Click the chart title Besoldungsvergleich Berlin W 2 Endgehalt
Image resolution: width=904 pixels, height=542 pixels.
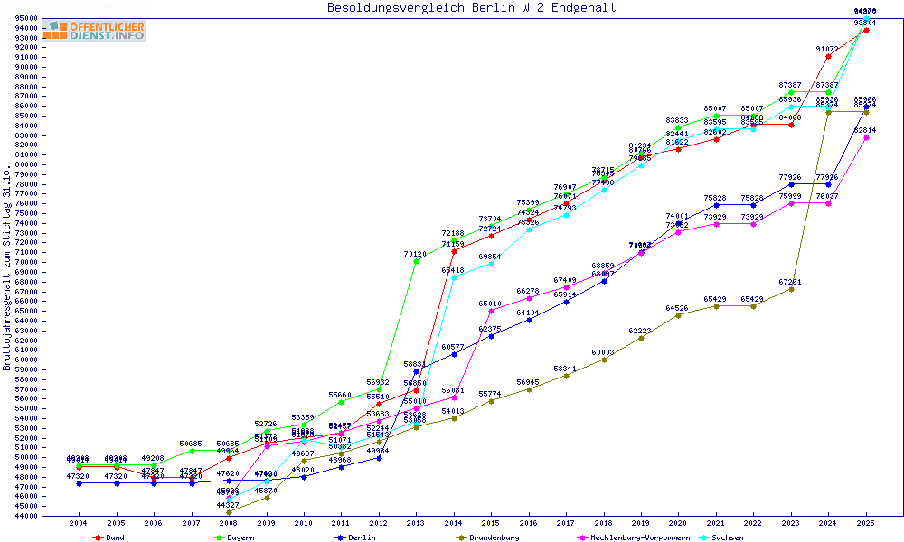coord(472,7)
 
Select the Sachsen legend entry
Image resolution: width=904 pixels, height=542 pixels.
coord(727,537)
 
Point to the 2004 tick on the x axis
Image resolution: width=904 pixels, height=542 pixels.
coord(79,523)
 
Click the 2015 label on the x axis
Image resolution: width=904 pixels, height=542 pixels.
coord(491,523)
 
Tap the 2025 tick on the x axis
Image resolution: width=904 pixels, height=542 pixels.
coord(866,523)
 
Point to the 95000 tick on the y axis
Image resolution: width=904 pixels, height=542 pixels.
coord(26,18)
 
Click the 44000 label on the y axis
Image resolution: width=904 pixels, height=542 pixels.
coord(26,516)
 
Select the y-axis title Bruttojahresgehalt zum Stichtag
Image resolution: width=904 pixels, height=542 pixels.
coord(7,268)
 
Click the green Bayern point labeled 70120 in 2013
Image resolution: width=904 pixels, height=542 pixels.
coord(416,261)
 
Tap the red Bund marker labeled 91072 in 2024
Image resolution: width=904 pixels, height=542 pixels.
coord(828,56)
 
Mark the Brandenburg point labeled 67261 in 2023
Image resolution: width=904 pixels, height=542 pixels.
coord(791,289)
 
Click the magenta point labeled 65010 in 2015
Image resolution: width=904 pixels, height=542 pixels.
coord(491,311)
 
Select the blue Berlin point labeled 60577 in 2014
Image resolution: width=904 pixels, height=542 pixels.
coord(454,354)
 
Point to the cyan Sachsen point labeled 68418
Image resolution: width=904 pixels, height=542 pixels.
coord(454,277)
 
